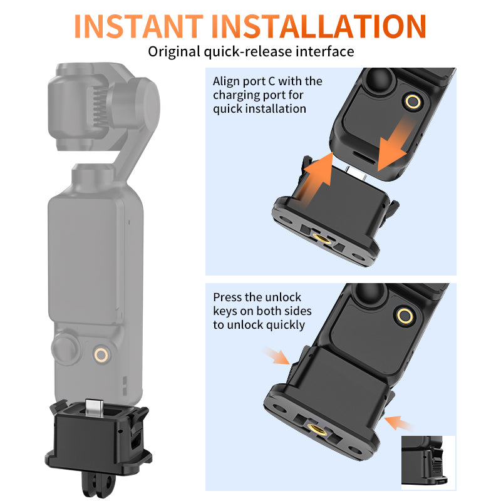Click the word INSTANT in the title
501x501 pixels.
pos(140,26)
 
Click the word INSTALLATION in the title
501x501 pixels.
pos(320,26)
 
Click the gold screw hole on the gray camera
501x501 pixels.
pos(100,355)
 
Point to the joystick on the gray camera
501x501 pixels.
pos(65,348)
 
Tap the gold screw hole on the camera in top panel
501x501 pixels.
pos(412,101)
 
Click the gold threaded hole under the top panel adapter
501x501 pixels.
pos(324,236)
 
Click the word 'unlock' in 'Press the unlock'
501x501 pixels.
pos(283,297)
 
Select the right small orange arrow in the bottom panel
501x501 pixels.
pos(398,423)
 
